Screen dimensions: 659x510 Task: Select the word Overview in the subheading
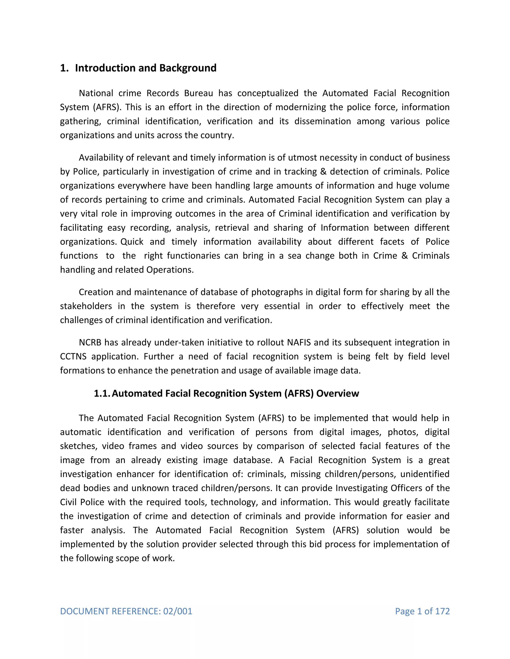tap(337, 393)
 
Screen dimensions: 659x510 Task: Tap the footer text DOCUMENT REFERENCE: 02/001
tap(126, 611)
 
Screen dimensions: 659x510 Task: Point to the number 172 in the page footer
tap(442, 611)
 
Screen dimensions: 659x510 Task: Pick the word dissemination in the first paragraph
tap(322, 121)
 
